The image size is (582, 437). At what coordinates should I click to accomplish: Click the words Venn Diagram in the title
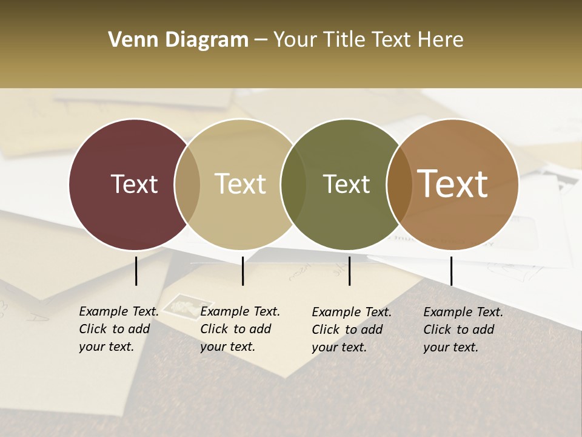(178, 40)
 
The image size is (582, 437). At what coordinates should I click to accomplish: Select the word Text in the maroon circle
(134, 184)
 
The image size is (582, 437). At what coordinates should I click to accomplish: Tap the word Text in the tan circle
(241, 184)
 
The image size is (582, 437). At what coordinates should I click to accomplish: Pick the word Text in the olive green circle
(346, 184)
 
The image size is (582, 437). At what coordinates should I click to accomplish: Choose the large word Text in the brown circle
(453, 184)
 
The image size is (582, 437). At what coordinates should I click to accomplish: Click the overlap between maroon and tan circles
(187, 184)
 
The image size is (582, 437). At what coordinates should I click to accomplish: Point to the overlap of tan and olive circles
(293, 184)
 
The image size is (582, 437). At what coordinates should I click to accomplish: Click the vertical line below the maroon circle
(136, 271)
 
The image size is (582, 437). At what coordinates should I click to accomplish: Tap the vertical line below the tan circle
(242, 271)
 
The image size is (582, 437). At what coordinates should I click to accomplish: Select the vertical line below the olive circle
(350, 271)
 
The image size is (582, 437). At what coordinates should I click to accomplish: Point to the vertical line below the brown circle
(451, 271)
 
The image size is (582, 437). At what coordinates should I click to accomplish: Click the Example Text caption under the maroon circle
(118, 329)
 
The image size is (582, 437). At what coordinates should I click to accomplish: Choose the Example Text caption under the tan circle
(239, 329)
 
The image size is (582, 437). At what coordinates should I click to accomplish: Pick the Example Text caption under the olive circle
(351, 330)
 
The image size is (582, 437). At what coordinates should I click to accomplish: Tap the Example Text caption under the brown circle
(463, 330)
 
